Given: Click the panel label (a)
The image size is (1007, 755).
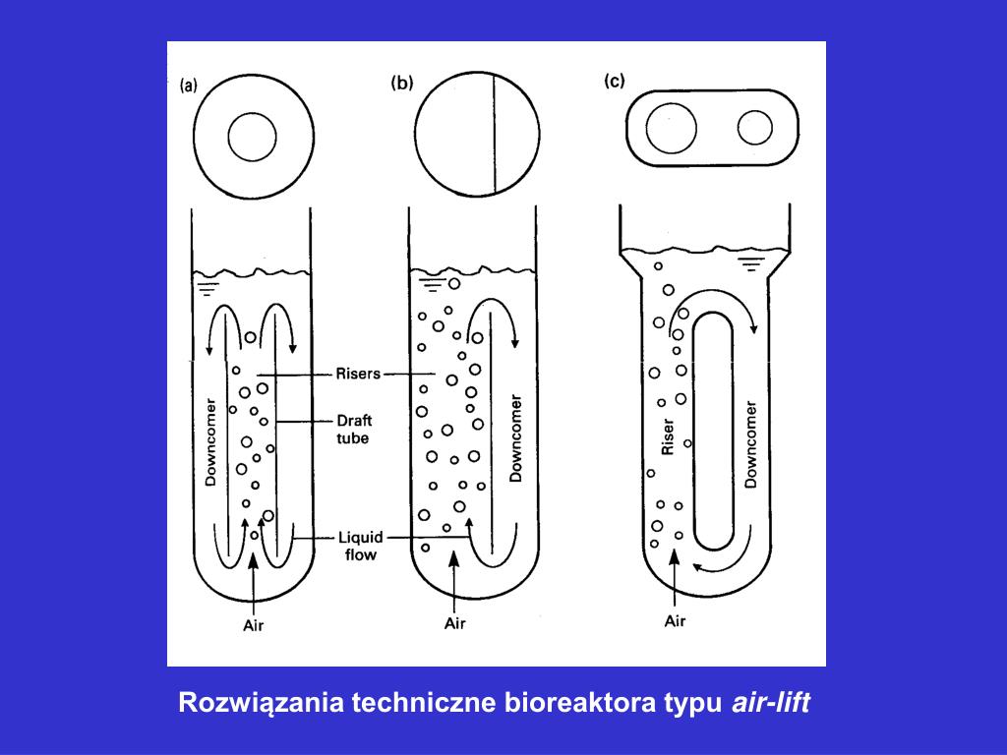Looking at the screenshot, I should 188,85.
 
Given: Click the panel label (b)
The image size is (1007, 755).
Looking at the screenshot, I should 401,84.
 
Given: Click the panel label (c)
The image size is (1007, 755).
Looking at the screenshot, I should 614,82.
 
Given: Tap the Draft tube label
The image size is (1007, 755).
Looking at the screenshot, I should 353,430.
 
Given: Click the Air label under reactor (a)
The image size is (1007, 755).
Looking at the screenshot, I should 254,625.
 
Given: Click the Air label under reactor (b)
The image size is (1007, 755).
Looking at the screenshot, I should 454,623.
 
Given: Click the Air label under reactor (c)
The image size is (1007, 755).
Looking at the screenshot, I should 675,620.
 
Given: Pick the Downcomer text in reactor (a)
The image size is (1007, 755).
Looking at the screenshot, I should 209,441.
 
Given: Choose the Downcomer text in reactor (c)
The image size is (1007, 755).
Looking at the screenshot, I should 752,443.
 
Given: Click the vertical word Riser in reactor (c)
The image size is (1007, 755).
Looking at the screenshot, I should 668,437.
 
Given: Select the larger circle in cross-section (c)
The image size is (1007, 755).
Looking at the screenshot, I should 673,129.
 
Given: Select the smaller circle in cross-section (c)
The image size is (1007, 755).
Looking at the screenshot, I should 756,128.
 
